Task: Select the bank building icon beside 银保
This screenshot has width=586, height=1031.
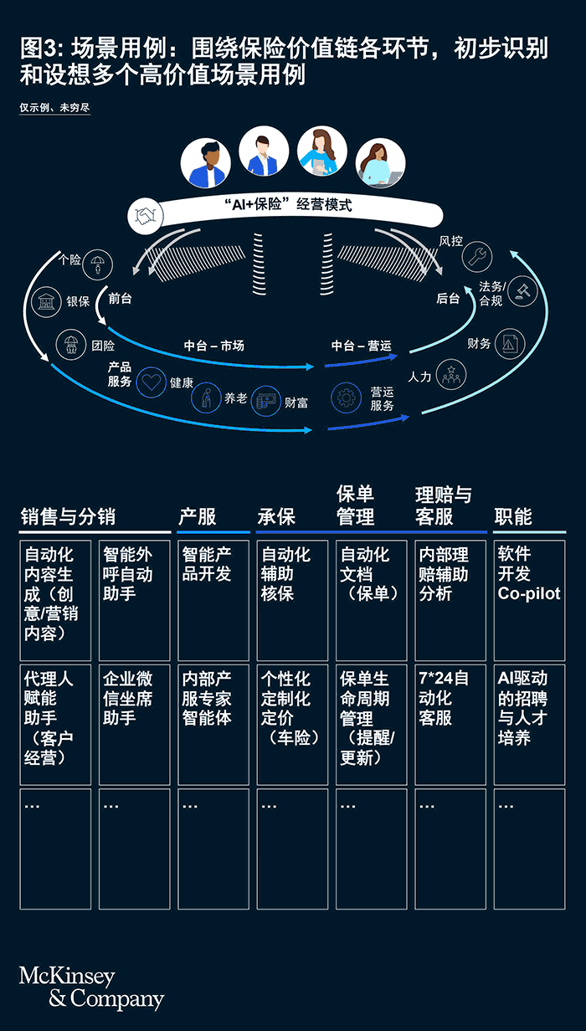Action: pyautogui.click(x=46, y=301)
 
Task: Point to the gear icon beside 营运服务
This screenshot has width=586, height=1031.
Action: pyautogui.click(x=347, y=398)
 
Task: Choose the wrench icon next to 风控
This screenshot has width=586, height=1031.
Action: pyautogui.click(x=478, y=255)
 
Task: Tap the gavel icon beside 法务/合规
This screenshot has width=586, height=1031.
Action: pyautogui.click(x=522, y=291)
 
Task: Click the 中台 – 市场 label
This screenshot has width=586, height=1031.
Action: pyautogui.click(x=213, y=345)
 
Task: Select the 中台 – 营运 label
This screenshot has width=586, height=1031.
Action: pyautogui.click(x=361, y=345)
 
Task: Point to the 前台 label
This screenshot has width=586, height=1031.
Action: pyautogui.click(x=120, y=298)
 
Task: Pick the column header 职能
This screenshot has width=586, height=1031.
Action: pyautogui.click(x=513, y=517)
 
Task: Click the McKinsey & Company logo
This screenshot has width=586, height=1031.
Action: pyautogui.click(x=91, y=987)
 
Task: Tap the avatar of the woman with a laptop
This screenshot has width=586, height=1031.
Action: pyautogui.click(x=380, y=163)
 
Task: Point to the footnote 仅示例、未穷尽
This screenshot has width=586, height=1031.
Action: pyautogui.click(x=54, y=108)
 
